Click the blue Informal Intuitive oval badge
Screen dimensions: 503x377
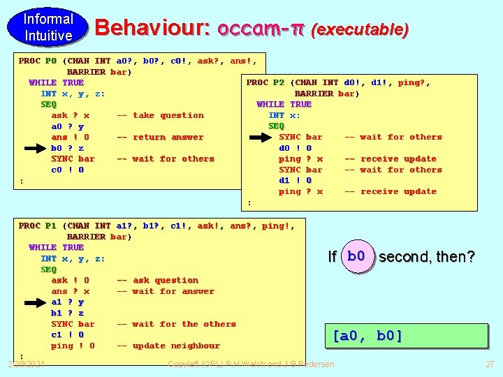tap(48, 27)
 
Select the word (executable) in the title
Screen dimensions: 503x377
tap(360, 29)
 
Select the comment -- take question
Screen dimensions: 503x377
tap(160, 115)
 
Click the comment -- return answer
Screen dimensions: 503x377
tap(160, 137)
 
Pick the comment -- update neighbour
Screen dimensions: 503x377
tap(168, 346)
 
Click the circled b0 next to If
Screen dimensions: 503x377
tap(356, 256)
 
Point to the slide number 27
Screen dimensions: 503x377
tap(489, 364)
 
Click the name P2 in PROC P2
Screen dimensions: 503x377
tap(278, 82)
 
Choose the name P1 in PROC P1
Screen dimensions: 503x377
tap(50, 226)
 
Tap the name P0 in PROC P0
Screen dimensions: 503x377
tap(50, 61)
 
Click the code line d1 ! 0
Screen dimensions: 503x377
tap(295, 180)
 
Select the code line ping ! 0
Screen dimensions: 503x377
tap(73, 346)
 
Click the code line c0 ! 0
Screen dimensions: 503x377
tap(67, 170)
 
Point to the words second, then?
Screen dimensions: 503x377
tap(427, 257)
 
